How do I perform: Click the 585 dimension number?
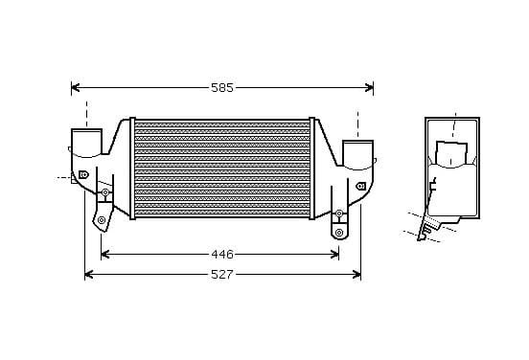coord(222,88)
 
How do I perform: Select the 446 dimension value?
coord(222,254)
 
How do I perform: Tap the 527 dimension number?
coord(222,275)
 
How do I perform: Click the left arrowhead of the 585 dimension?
coord(76,88)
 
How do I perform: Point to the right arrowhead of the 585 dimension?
coord(369,88)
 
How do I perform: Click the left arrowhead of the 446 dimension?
coord(104,254)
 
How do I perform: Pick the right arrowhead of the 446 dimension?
coord(334,254)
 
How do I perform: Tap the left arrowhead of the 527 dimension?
coord(89,275)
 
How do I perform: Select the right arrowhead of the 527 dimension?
coord(356,275)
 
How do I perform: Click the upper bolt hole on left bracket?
coord(105,192)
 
